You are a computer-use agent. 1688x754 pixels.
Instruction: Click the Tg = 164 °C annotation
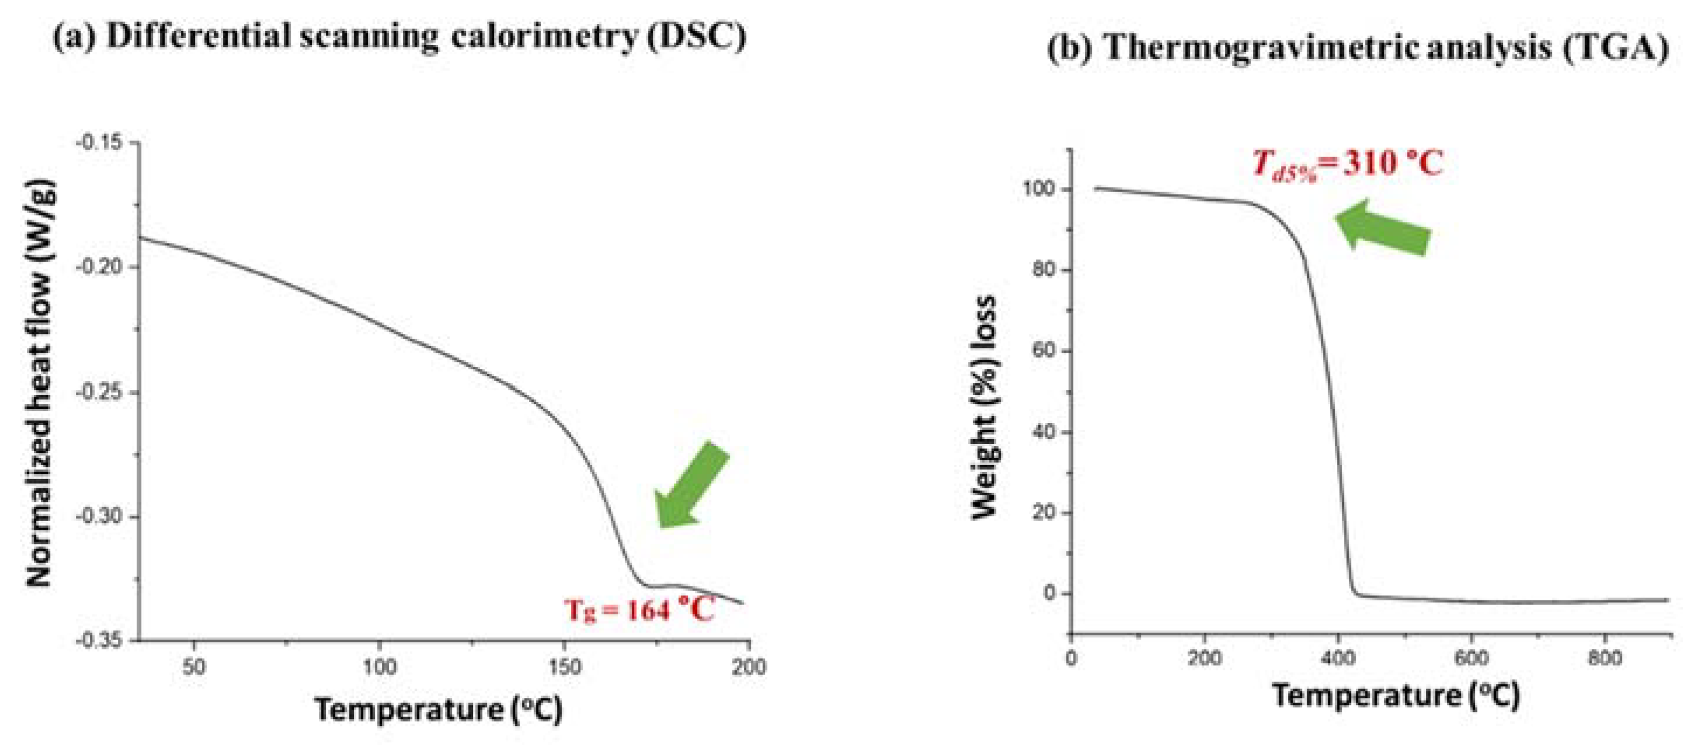pyautogui.click(x=639, y=610)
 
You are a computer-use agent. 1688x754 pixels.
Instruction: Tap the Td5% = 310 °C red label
pyautogui.click(x=1346, y=164)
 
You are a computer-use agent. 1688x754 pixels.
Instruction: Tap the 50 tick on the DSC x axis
pyautogui.click(x=193, y=667)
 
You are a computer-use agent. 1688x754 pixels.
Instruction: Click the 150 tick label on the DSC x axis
pyautogui.click(x=565, y=667)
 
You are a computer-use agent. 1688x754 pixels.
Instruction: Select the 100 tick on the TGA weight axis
pyautogui.click(x=1039, y=189)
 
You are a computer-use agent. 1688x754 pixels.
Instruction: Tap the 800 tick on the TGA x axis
pyautogui.click(x=1605, y=658)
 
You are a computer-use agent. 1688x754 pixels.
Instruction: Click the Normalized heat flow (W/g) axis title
pyautogui.click(x=39, y=384)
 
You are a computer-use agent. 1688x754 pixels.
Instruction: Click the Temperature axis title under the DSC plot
pyautogui.click(x=438, y=710)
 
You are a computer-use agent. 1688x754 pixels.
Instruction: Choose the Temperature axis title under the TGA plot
pyautogui.click(x=1395, y=695)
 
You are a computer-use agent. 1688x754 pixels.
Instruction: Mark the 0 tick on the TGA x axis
pyautogui.click(x=1071, y=658)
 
